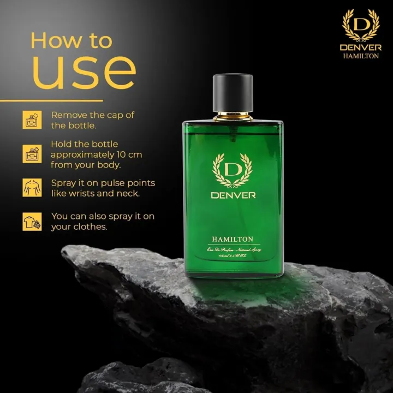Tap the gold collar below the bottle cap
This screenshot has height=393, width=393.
pyautogui.click(x=233, y=116)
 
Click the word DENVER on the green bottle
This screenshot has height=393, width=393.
pyautogui.click(x=233, y=196)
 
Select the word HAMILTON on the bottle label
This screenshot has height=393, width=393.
pyautogui.click(x=233, y=239)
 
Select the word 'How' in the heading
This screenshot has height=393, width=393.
pyautogui.click(x=51, y=40)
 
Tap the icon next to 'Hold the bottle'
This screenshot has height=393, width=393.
pyautogui.click(x=32, y=154)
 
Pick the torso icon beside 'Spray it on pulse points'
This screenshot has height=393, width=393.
pyautogui.click(x=32, y=187)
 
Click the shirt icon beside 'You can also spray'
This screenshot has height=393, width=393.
pyautogui.click(x=32, y=221)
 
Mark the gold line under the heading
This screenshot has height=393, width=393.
pyautogui.click(x=51, y=100)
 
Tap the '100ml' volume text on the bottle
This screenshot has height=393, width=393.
pyautogui.click(x=216, y=255)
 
